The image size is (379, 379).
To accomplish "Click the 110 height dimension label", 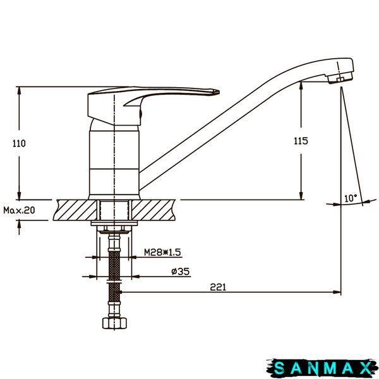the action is click(x=19, y=143).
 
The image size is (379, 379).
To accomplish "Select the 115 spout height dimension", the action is click(x=301, y=141).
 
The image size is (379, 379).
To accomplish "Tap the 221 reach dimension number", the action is click(x=218, y=287).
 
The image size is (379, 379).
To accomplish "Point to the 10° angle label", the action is click(x=351, y=198).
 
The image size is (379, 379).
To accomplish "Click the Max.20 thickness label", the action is click(x=19, y=210).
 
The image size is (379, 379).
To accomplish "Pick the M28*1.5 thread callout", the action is click(x=162, y=252).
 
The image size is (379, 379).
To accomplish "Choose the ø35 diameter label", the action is click(x=180, y=272).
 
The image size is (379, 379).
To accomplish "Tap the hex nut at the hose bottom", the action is click(x=114, y=323).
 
